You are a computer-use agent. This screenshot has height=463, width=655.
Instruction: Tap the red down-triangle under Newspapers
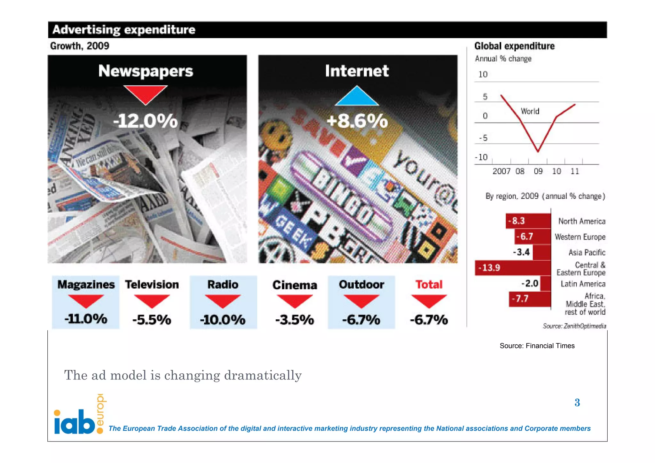click(x=146, y=93)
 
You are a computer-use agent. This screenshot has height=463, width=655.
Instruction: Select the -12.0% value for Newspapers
click(x=146, y=121)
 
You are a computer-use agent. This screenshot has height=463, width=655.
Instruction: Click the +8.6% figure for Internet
click(x=357, y=121)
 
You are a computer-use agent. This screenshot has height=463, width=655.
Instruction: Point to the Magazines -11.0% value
click(x=86, y=319)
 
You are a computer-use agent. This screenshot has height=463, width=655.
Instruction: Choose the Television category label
click(x=152, y=284)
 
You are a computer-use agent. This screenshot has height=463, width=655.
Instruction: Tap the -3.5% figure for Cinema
click(x=295, y=320)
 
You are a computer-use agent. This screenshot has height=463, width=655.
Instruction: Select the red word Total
click(x=429, y=284)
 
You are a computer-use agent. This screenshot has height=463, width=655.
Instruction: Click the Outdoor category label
click(x=361, y=284)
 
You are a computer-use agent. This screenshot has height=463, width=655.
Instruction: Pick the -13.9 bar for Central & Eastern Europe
click(x=512, y=268)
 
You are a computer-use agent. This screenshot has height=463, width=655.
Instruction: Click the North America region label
click(x=582, y=221)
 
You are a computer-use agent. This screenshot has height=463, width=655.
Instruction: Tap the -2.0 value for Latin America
click(x=530, y=283)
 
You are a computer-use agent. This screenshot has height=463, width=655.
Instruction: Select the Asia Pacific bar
click(x=542, y=252)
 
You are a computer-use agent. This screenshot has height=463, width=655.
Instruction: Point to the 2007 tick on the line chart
click(x=501, y=171)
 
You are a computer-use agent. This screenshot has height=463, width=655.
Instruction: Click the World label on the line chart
click(x=530, y=111)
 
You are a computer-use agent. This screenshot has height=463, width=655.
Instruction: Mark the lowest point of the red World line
click(x=538, y=151)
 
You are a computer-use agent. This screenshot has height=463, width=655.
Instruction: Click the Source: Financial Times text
click(x=537, y=346)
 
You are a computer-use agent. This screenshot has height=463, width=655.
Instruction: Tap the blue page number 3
click(x=577, y=403)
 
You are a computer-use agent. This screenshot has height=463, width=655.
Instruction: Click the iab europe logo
click(x=79, y=416)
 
